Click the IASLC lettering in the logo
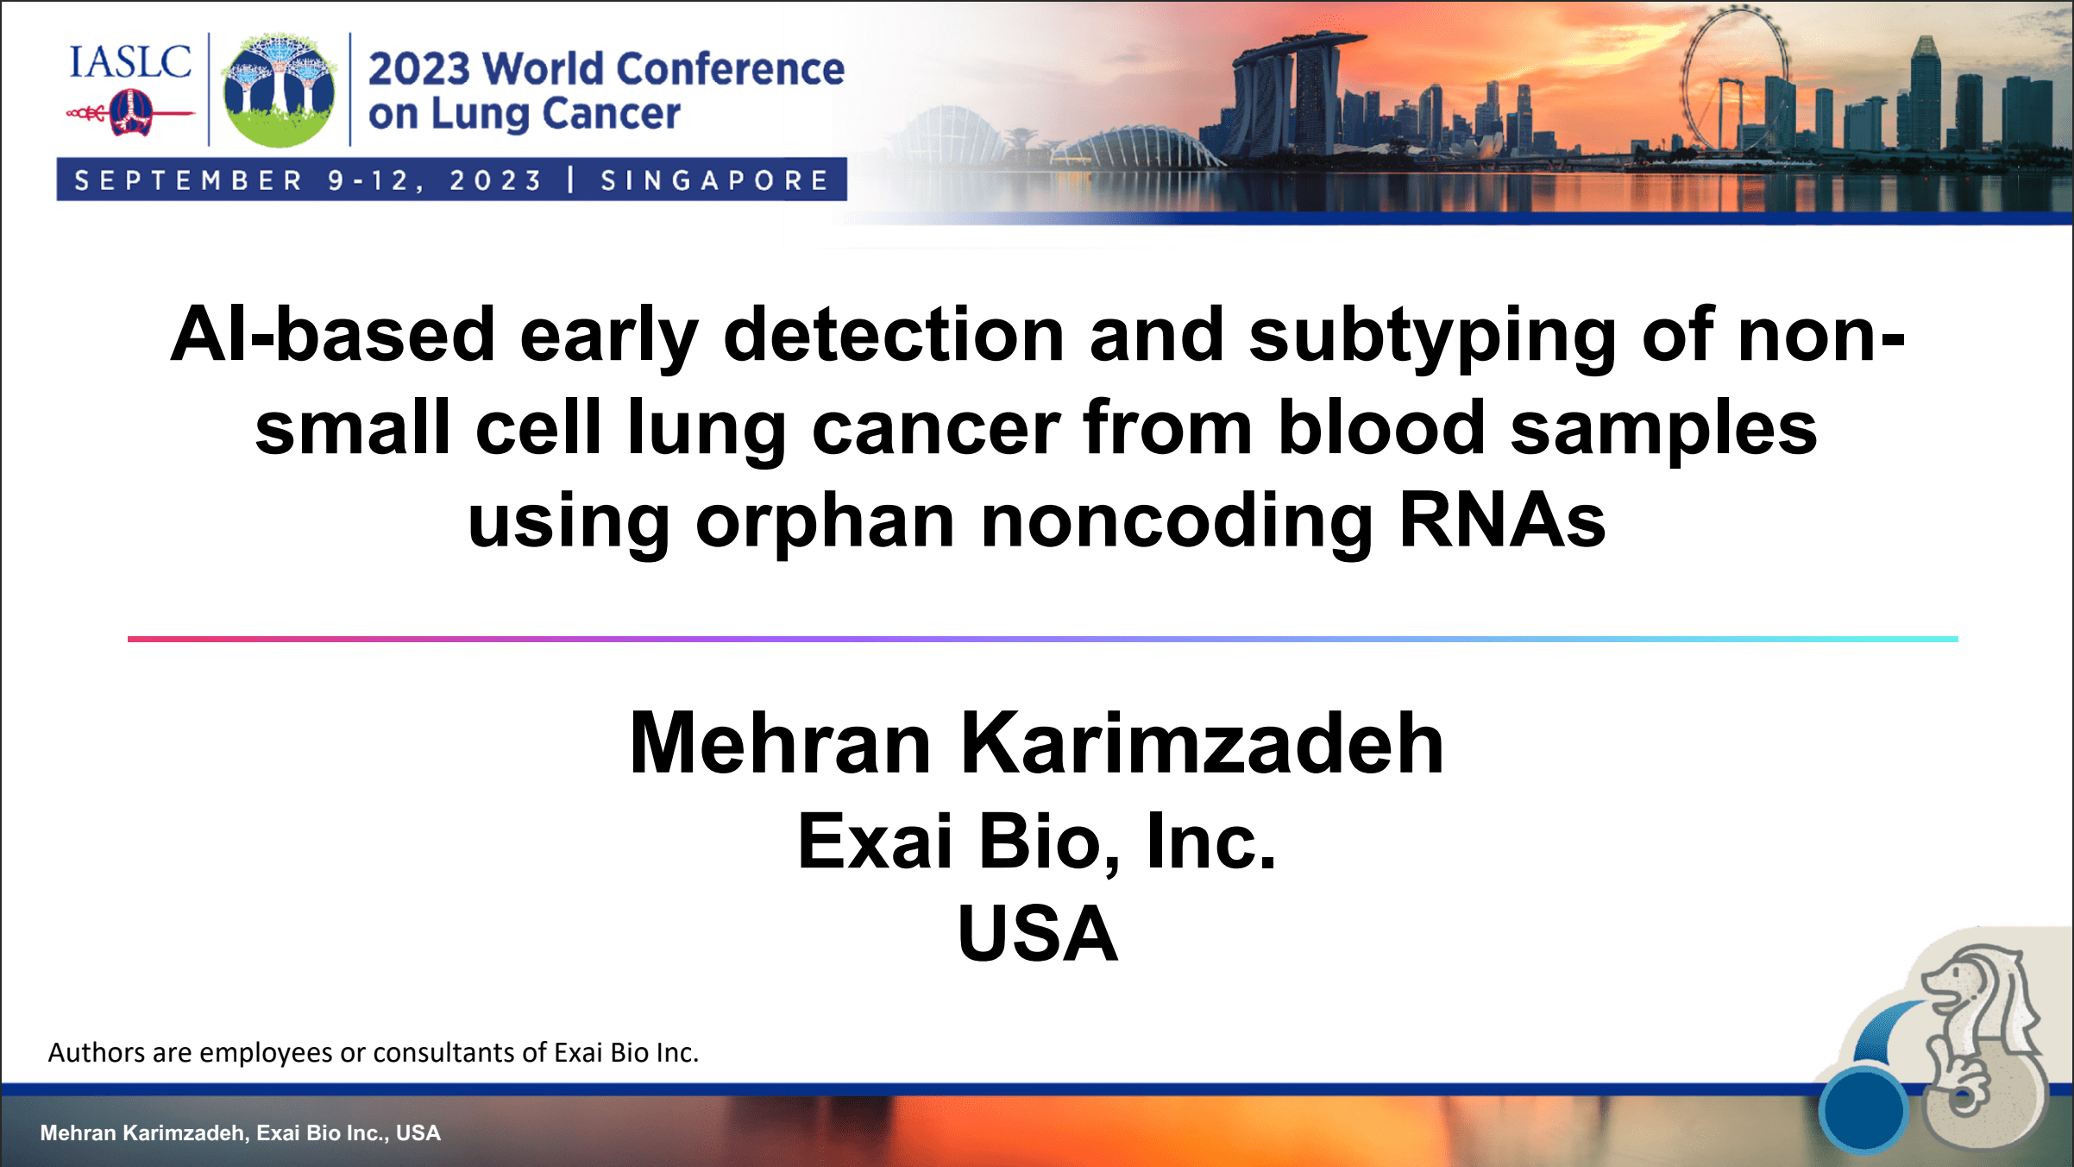click(x=129, y=62)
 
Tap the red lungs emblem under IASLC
click(x=129, y=114)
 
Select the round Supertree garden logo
click(x=279, y=90)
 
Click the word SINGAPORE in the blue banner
click(x=714, y=180)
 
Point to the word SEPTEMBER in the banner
click(x=189, y=180)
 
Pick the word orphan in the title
click(x=825, y=521)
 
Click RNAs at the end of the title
click(x=1501, y=521)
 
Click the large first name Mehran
click(x=781, y=744)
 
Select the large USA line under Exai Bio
click(x=1038, y=934)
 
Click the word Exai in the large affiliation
click(x=875, y=842)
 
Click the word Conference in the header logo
click(x=731, y=69)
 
